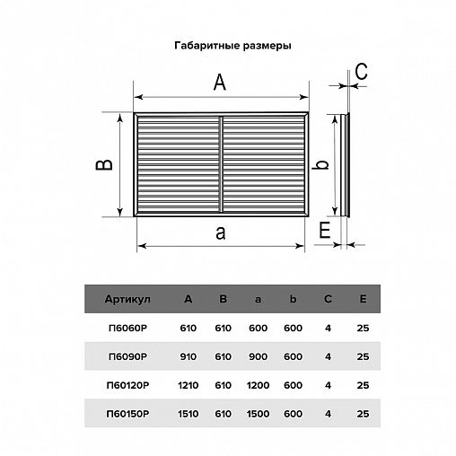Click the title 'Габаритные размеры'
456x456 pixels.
click(232, 46)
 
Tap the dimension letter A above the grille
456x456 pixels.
click(220, 83)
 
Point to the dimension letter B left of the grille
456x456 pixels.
click(104, 165)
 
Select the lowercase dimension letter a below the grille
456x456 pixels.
click(221, 233)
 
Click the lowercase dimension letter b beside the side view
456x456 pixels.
click(320, 164)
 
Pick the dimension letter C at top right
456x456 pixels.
click(361, 72)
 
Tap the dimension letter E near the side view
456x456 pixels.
click(325, 230)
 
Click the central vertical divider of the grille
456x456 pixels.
click(221, 164)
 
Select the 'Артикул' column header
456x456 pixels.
click(127, 299)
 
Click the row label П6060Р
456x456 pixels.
click(127, 329)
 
